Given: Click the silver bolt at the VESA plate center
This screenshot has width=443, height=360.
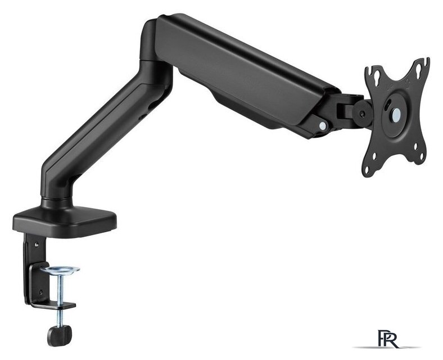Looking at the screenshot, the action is tap(396, 114).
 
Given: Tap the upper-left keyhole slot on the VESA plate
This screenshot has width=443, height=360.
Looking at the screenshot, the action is tap(377, 76).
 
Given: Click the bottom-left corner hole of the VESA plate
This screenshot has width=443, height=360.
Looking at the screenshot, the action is tap(367, 170).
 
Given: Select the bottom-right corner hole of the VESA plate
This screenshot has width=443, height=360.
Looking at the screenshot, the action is tap(422, 156).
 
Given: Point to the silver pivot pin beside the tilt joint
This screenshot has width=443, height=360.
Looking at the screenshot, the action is tap(322, 125).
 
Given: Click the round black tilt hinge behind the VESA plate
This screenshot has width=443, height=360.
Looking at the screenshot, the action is tap(362, 113).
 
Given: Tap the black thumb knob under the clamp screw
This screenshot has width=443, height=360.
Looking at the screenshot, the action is tap(60, 335).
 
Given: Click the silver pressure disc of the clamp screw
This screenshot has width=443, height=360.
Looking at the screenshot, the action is tap(60, 269).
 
